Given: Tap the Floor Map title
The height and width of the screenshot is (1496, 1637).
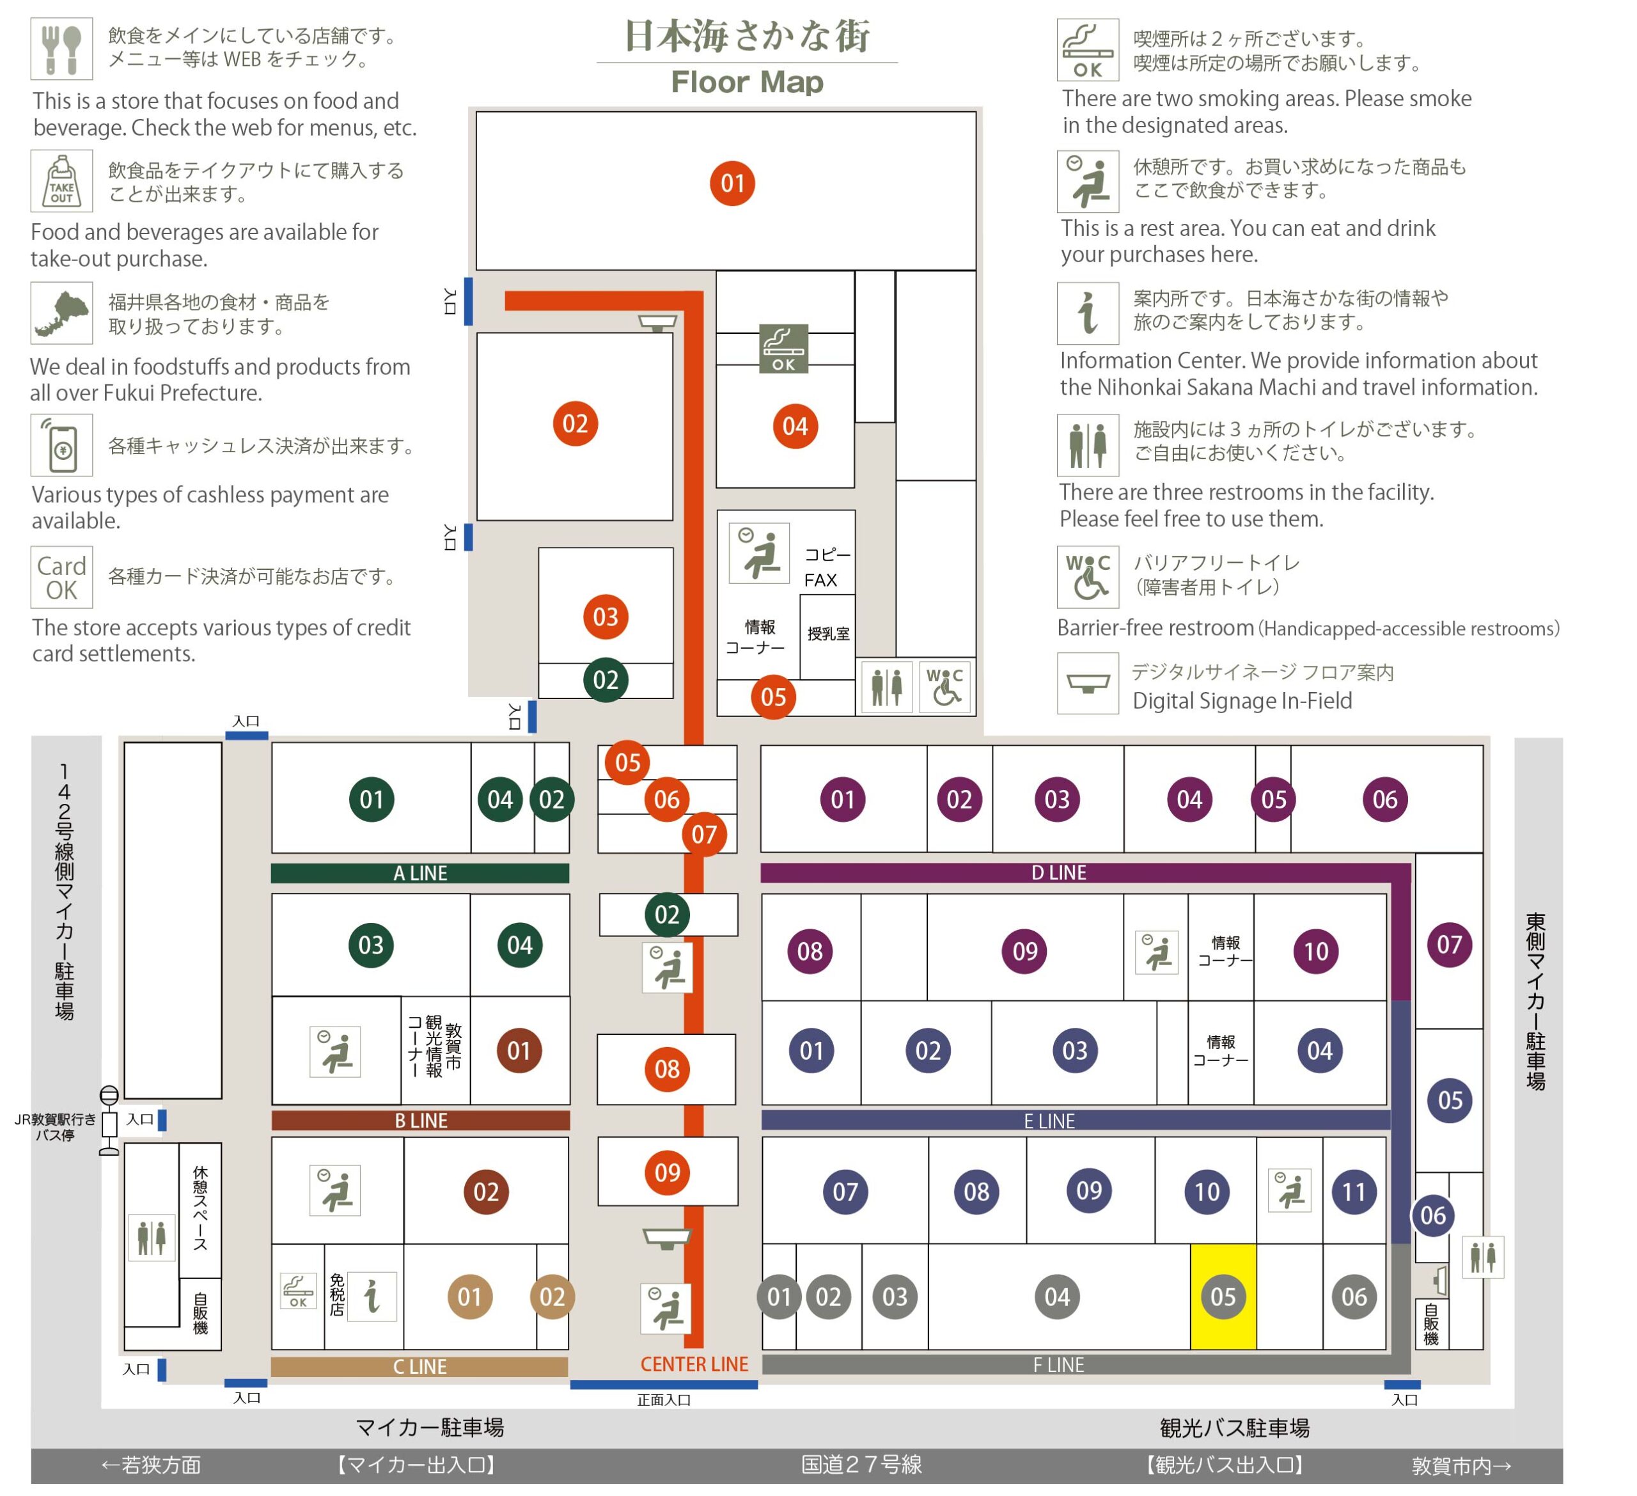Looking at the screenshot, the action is [x=747, y=82].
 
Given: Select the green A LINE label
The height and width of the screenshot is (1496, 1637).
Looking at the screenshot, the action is [x=420, y=873].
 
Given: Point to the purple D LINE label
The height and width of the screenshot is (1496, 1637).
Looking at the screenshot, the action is [x=1059, y=872].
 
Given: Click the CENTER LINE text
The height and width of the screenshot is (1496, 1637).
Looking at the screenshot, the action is [x=694, y=1364].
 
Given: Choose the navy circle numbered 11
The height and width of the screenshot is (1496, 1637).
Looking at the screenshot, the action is [x=1354, y=1192].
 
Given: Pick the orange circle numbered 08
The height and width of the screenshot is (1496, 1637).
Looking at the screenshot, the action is [x=667, y=1069].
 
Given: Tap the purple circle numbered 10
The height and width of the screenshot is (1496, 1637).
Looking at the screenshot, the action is [x=1315, y=951].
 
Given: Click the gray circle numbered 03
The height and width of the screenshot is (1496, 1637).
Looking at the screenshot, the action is [x=895, y=1296].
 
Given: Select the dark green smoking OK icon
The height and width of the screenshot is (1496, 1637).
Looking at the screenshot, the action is [x=783, y=349].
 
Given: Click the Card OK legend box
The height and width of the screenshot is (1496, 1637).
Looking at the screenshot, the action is [x=62, y=578].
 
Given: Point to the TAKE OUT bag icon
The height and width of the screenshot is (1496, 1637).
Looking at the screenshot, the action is [x=62, y=180].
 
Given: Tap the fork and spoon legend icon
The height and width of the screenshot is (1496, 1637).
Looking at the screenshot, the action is [x=62, y=49].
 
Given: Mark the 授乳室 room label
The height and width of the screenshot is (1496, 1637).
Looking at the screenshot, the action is [x=828, y=633].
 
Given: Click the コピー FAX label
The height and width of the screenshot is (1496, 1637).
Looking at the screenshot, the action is [x=827, y=567].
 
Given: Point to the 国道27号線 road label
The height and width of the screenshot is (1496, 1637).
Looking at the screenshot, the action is [x=861, y=1464].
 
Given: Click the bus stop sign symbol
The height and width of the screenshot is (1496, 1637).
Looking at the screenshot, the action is [x=109, y=1120].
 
